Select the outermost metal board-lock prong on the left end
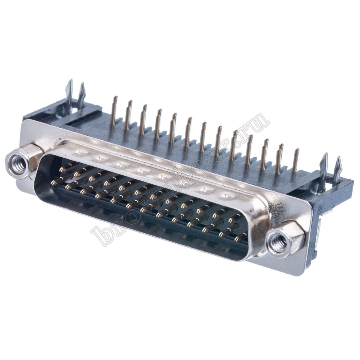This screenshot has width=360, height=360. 69,96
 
